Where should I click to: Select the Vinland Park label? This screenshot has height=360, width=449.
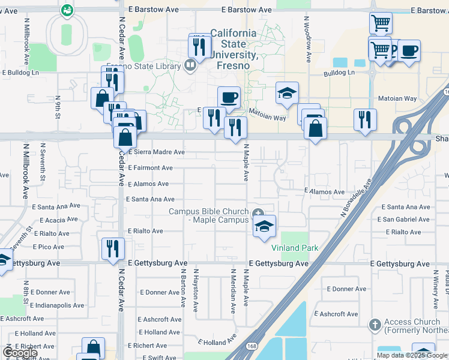pos(295,248)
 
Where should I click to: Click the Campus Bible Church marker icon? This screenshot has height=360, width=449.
pos(259,212)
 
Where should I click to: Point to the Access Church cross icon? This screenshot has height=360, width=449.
pos(375,325)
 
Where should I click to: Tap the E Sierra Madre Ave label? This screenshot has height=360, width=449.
pos(156,152)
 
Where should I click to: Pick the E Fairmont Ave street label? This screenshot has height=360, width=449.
pos(150,169)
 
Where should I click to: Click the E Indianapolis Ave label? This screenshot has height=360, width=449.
pos(57,305)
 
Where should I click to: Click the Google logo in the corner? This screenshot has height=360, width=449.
pos(20,353)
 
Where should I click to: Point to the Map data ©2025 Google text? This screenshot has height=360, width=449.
pos(412,355)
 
